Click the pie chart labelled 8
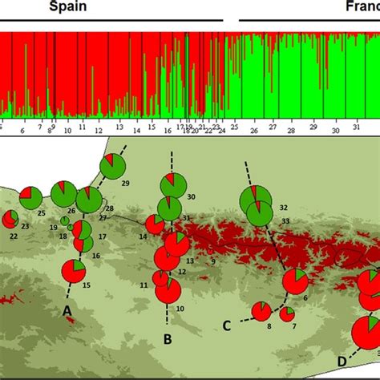tap(261, 311)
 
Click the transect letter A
tap(68, 309)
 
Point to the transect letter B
tap(168, 339)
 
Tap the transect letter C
tap(227, 325)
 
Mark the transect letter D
tap(342, 362)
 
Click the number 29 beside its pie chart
tap(125, 184)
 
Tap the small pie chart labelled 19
tap(65, 220)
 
